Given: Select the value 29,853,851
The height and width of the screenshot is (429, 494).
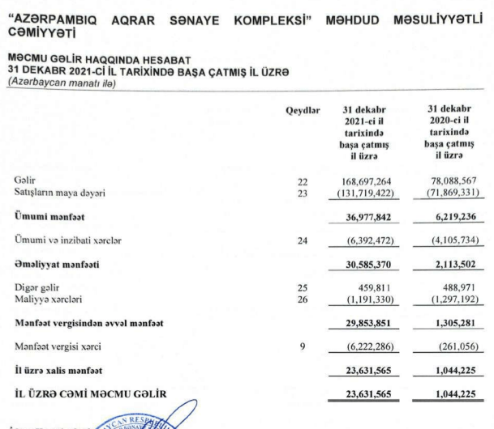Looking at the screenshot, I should [x=367, y=324].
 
